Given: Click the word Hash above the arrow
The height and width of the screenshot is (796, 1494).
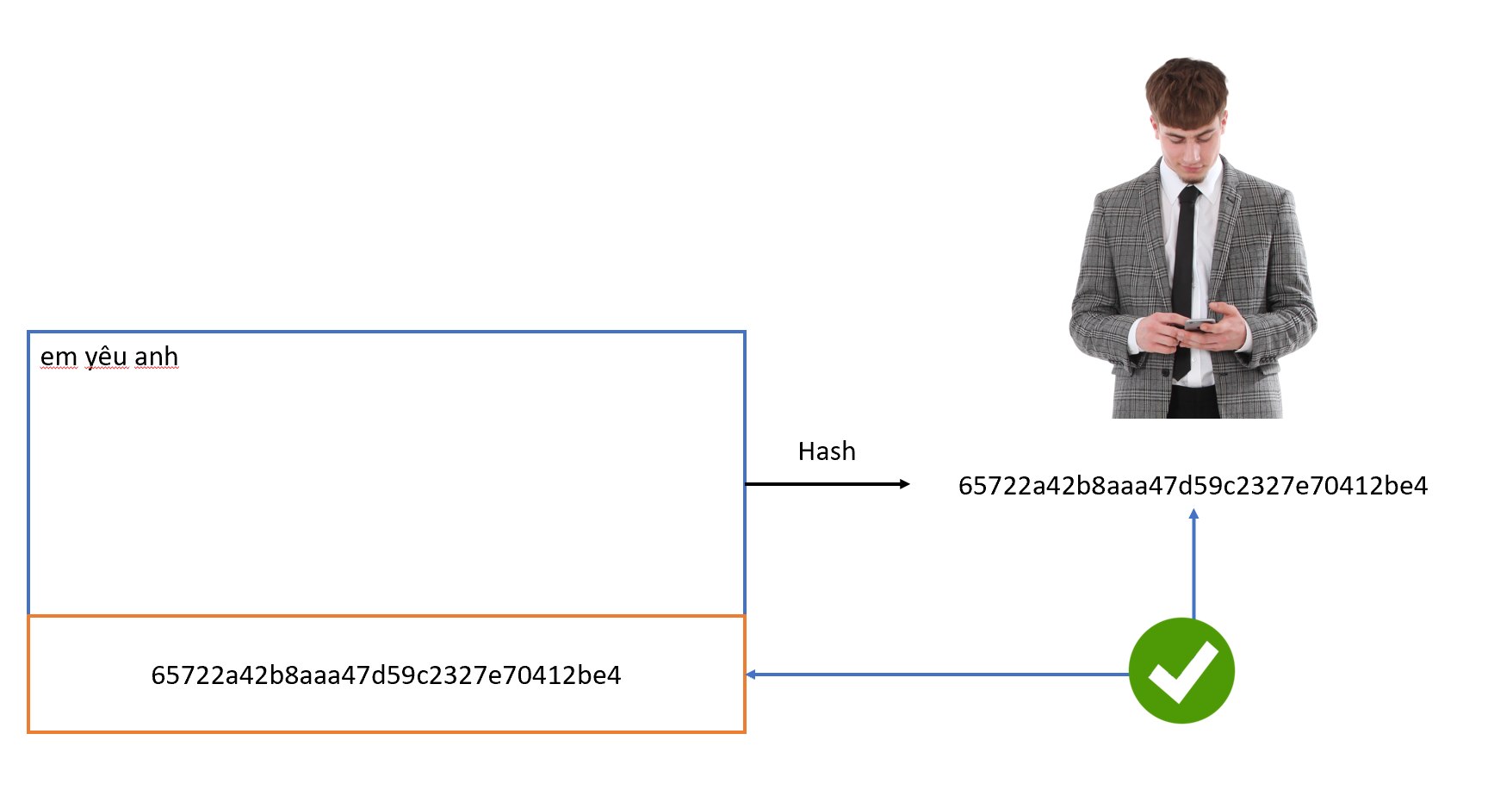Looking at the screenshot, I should tap(827, 451).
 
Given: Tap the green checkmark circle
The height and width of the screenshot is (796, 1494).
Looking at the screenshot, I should tap(1181, 670).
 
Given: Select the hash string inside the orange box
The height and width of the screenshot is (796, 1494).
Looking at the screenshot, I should tap(386, 675).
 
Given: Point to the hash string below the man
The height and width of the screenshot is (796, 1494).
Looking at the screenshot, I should tap(1193, 486).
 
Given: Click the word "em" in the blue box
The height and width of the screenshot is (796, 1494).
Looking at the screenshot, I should tap(59, 357).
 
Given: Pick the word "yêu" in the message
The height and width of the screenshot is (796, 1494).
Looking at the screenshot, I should tap(106, 357).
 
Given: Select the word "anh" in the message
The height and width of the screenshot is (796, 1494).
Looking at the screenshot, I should tap(157, 357).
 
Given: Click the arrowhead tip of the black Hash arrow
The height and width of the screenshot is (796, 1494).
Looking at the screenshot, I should tap(906, 484).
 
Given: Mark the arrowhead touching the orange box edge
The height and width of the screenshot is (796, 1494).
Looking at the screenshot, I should tap(751, 675).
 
